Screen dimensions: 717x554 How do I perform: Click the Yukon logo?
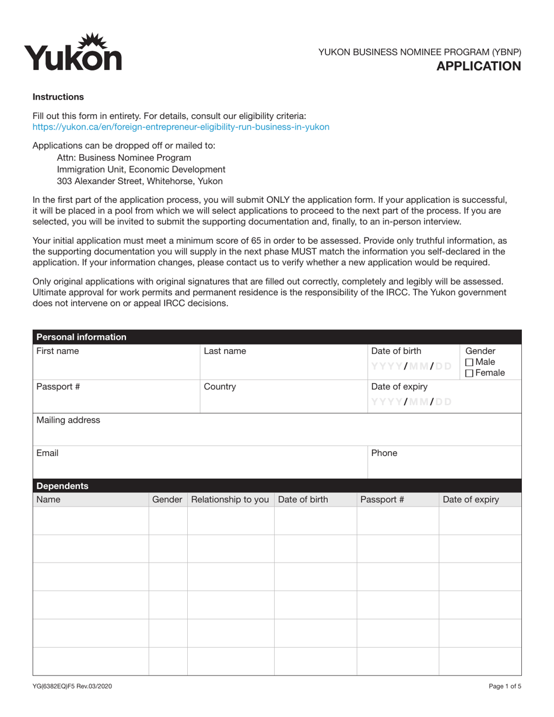73,52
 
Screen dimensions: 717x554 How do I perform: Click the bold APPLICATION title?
479,66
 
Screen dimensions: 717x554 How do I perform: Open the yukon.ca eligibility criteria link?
181,126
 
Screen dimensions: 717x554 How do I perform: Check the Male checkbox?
469,363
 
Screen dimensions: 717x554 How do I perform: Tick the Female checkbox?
469,373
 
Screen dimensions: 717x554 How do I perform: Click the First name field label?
58,351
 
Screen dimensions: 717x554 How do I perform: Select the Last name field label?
225,351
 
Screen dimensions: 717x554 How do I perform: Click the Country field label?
220,386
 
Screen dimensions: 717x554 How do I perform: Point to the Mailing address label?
68,420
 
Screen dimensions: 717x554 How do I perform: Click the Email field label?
47,453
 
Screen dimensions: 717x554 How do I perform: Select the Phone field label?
384,453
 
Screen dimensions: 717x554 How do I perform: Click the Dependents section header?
62,486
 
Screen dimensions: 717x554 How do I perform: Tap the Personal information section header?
81,337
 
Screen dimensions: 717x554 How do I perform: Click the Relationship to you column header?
230,500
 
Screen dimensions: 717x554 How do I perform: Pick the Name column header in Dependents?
48,500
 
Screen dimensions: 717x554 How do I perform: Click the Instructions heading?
58,97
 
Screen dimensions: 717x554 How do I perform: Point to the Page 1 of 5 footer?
505,686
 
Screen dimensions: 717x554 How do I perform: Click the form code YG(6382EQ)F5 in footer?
72,686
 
